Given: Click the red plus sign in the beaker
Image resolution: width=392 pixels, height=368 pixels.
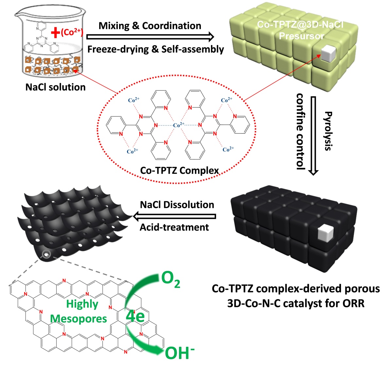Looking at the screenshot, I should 55,33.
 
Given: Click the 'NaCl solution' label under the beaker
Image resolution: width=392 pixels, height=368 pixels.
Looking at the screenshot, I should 56,87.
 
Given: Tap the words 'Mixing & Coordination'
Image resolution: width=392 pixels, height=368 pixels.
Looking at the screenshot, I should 150,26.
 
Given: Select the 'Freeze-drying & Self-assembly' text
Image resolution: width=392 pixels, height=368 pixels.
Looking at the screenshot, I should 156,49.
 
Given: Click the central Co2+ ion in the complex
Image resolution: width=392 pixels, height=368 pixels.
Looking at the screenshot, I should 178,125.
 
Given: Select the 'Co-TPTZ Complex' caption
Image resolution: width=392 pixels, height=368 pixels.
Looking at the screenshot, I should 179,170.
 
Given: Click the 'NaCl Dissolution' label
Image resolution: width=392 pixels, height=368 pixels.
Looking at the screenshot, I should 177,205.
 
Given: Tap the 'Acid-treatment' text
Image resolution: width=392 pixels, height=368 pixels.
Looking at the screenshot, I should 174,227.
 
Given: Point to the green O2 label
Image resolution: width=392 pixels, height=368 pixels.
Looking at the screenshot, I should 170,280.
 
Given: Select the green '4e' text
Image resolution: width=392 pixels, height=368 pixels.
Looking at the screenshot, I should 135,316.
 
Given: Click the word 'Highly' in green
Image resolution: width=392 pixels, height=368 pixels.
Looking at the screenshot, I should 82,304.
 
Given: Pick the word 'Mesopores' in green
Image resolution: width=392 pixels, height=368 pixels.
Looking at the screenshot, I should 79,319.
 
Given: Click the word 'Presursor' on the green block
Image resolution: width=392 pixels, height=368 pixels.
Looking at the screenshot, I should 301,36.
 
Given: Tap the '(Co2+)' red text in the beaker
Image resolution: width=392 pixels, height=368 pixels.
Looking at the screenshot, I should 72,32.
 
